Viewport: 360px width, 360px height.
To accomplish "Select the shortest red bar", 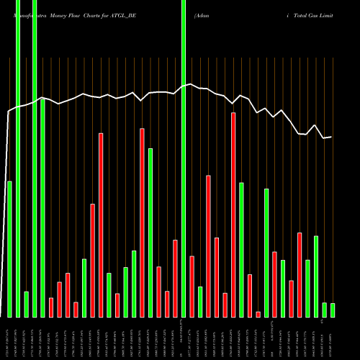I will tap(258, 315).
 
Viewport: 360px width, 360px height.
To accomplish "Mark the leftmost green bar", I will tap(10, 249).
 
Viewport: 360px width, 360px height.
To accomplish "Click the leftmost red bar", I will tap(51, 307).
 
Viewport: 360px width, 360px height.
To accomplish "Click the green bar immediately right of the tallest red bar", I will tap(241, 250).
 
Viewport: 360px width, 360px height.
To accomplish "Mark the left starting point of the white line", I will tap(9, 111).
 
